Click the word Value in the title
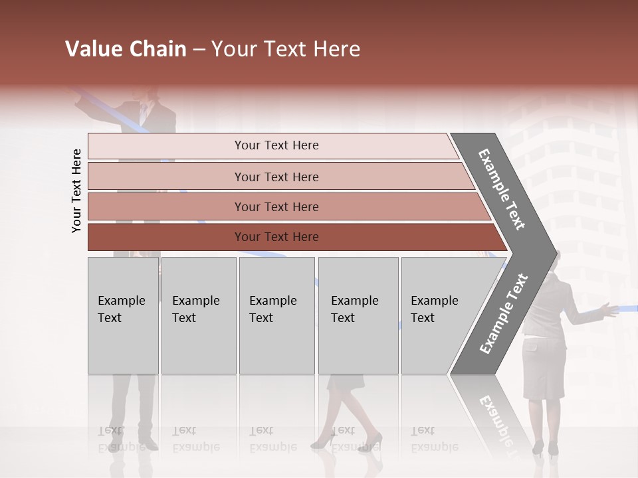(94, 49)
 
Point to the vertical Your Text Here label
(76, 191)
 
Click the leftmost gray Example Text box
(123, 315)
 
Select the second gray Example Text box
(198, 315)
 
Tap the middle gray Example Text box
(276, 315)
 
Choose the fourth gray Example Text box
(358, 315)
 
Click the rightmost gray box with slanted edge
(439, 315)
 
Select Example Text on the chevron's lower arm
(504, 313)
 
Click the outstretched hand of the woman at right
(606, 308)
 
